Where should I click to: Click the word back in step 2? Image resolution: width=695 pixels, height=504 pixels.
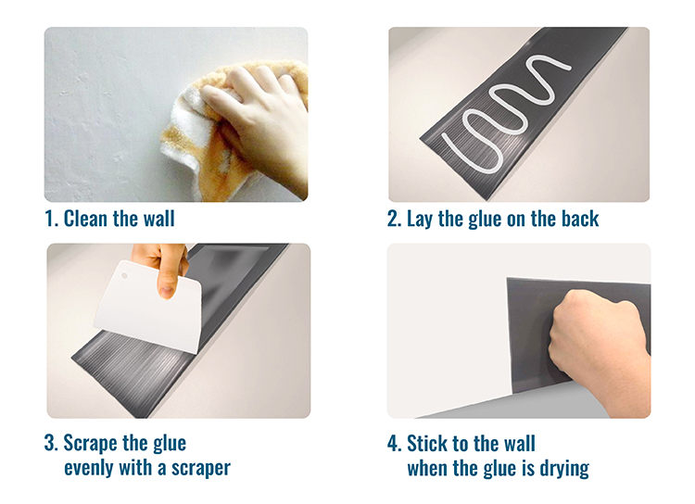click(580, 219)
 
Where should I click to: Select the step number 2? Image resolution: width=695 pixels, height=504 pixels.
click(394, 219)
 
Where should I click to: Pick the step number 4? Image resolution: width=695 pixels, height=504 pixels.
click(394, 443)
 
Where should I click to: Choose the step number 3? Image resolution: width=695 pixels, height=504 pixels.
click(51, 443)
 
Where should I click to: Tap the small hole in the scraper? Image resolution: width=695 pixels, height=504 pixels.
click(124, 276)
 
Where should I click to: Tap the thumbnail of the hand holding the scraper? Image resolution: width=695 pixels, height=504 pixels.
click(167, 292)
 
